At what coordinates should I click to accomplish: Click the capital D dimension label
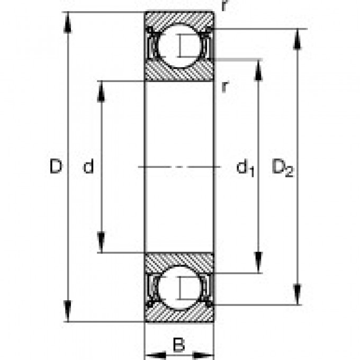click(x=56, y=167)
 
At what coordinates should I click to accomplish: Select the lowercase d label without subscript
click(x=88, y=167)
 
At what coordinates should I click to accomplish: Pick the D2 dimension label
click(x=282, y=168)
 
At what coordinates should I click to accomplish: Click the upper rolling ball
click(x=180, y=45)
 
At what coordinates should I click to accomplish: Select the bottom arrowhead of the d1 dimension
click(x=258, y=265)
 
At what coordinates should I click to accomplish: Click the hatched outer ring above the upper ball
click(x=179, y=17)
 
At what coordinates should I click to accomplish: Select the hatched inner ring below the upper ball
click(x=179, y=73)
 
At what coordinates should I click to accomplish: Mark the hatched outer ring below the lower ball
click(x=179, y=315)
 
